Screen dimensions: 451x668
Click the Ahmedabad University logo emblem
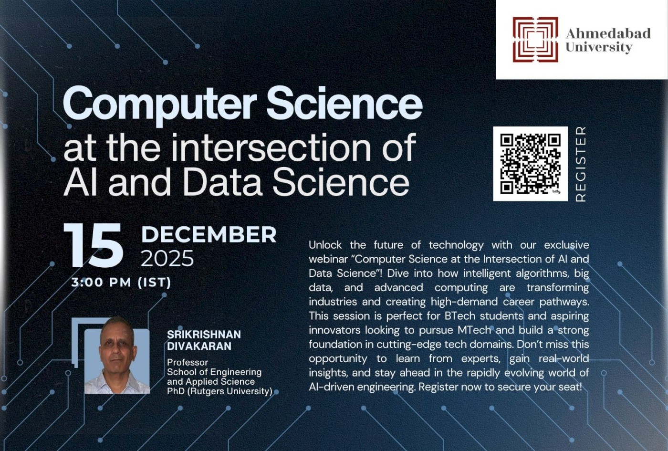click(x=535, y=40)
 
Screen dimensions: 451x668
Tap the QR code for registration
click(x=530, y=164)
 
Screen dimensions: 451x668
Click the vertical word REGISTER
click(x=580, y=164)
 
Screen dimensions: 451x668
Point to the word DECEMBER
click(x=209, y=234)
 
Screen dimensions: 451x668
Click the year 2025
click(x=167, y=259)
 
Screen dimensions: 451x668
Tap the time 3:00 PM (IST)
click(x=121, y=282)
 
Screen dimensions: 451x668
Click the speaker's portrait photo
click(x=117, y=356)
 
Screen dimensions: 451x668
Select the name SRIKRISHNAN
click(x=204, y=335)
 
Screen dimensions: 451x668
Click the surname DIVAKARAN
click(x=199, y=346)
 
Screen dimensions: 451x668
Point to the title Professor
click(x=188, y=362)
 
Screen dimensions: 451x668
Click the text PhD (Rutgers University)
click(x=219, y=391)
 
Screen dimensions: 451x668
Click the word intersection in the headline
click(x=274, y=147)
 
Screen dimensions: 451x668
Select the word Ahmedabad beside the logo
click(x=608, y=33)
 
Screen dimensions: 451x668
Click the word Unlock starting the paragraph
click(x=325, y=245)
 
